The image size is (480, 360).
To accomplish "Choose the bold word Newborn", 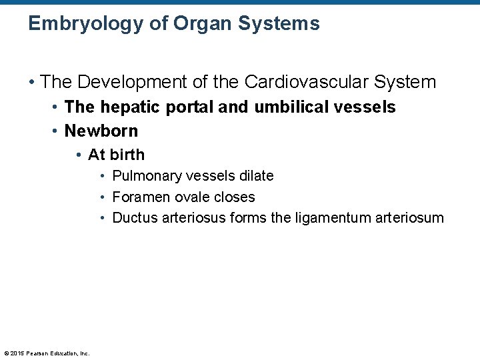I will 101,131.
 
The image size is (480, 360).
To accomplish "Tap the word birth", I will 126,155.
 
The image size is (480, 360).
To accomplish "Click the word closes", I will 234,197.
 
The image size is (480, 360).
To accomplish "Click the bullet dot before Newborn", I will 55,131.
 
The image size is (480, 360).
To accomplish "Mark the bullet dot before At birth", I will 79,155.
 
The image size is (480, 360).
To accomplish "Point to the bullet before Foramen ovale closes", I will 103,198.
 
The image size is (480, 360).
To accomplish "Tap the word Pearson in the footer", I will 37,353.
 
